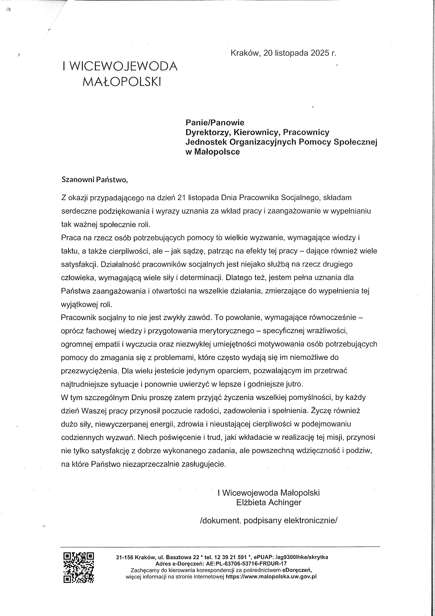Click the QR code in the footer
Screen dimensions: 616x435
coord(79,568)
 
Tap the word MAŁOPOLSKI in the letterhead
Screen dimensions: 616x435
coord(121,82)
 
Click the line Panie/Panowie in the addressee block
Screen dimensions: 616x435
coord(215,122)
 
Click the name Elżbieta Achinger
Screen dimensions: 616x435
coord(269,502)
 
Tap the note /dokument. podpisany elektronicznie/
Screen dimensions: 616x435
coord(268,521)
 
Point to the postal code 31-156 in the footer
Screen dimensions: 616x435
coord(124,557)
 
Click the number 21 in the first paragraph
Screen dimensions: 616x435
coord(181,198)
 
